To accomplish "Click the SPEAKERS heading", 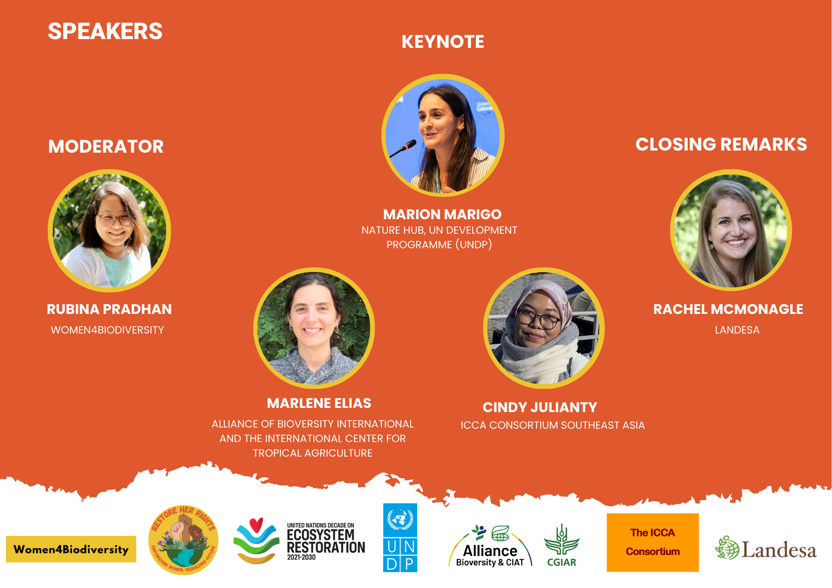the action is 105,31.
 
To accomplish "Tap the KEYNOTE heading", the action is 443,42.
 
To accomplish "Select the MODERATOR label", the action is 106,146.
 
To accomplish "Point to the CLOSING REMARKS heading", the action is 721,144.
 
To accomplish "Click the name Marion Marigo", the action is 442,214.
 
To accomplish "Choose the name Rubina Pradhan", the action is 109,309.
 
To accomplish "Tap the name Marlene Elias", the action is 319,403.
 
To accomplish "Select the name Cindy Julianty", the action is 540,407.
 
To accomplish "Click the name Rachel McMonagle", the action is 728,309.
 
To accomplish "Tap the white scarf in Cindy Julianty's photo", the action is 541,358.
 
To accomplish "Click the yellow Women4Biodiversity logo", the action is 71,549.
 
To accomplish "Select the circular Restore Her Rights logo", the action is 183,540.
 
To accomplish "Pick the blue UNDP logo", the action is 400,538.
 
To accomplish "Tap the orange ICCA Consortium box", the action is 653,542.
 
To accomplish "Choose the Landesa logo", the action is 766,548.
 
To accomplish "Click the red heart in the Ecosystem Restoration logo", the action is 256,524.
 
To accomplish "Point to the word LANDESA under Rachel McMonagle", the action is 737,330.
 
